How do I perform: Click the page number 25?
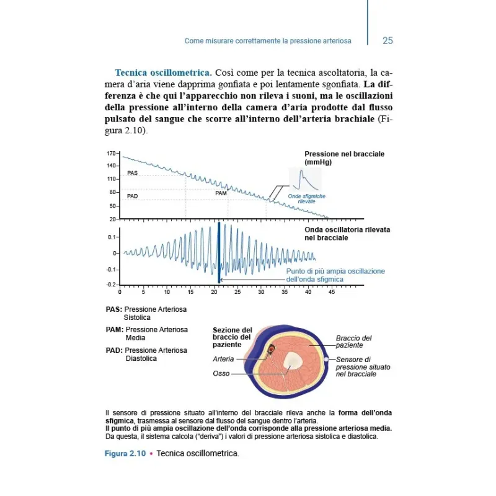(x=387, y=41)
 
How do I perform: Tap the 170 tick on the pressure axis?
(x=112, y=153)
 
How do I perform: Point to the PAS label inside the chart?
(x=132, y=173)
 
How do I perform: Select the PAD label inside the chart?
(x=132, y=196)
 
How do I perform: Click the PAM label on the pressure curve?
(x=221, y=193)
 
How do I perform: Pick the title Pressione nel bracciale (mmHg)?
(x=344, y=157)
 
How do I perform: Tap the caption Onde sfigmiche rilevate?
(x=306, y=199)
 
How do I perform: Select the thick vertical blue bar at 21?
(x=219, y=253)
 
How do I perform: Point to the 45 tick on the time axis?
(x=332, y=291)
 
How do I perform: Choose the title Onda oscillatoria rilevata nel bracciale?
(x=347, y=233)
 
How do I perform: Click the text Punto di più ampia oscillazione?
(x=335, y=272)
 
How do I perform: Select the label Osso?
(x=221, y=374)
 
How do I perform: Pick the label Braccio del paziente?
(x=353, y=342)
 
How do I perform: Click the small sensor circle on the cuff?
(x=327, y=359)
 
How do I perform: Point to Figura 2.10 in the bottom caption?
(x=125, y=453)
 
